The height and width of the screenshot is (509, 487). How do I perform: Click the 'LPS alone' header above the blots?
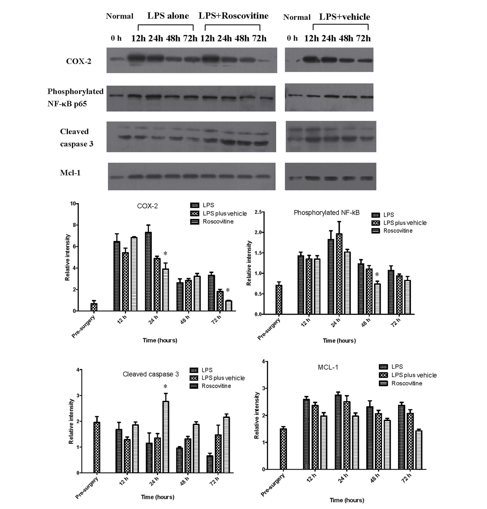click(168, 16)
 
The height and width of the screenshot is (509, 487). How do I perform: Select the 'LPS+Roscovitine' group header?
click(233, 16)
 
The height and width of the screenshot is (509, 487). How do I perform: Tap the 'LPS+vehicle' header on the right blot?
click(344, 17)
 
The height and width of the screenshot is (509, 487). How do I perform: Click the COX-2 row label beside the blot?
click(79, 61)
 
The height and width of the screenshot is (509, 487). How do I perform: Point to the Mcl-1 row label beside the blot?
click(70, 173)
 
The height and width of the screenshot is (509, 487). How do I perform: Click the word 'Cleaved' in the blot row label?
click(74, 131)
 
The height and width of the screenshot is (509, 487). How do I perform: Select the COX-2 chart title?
click(147, 206)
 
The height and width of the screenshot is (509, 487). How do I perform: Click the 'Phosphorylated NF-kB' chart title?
click(326, 213)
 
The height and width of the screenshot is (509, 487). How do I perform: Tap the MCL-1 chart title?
click(328, 367)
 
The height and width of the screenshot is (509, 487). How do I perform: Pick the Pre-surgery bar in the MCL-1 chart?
click(283, 449)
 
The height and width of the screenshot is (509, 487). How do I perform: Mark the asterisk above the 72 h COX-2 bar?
click(228, 290)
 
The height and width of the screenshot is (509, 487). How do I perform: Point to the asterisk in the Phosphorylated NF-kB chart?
click(377, 275)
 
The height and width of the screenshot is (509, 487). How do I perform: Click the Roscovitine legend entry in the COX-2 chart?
click(218, 221)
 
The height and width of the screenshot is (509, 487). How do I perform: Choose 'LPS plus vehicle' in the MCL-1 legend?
click(414, 375)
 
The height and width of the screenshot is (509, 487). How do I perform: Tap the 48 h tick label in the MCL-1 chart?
click(374, 478)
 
